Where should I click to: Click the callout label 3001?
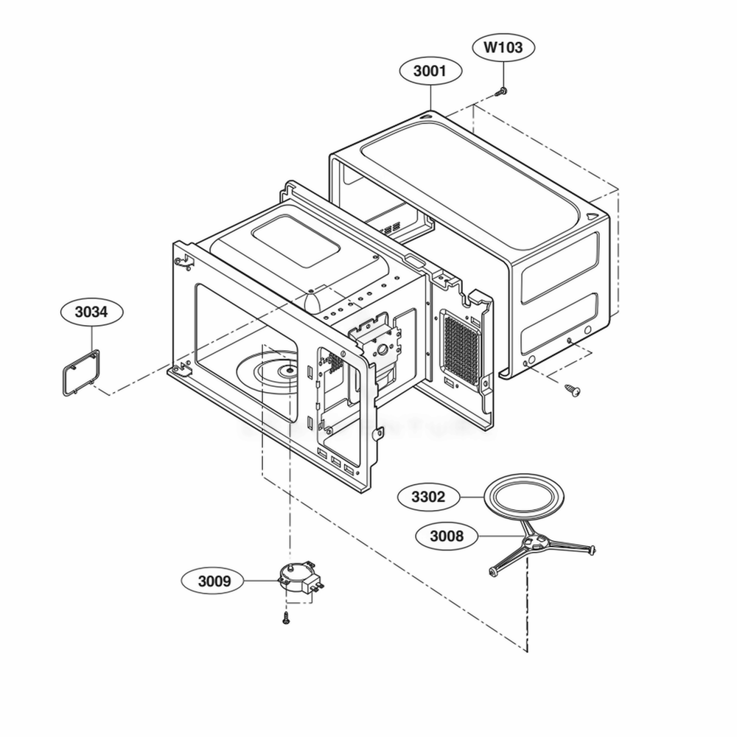coord(430,71)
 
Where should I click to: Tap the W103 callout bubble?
coord(503,49)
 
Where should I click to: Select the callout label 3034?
coord(91,312)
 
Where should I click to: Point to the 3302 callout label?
coord(428,497)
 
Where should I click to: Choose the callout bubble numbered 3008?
coord(446,536)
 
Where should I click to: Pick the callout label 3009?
coord(214,581)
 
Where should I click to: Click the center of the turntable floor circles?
coord(292,371)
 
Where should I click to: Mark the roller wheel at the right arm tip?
coord(590,549)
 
